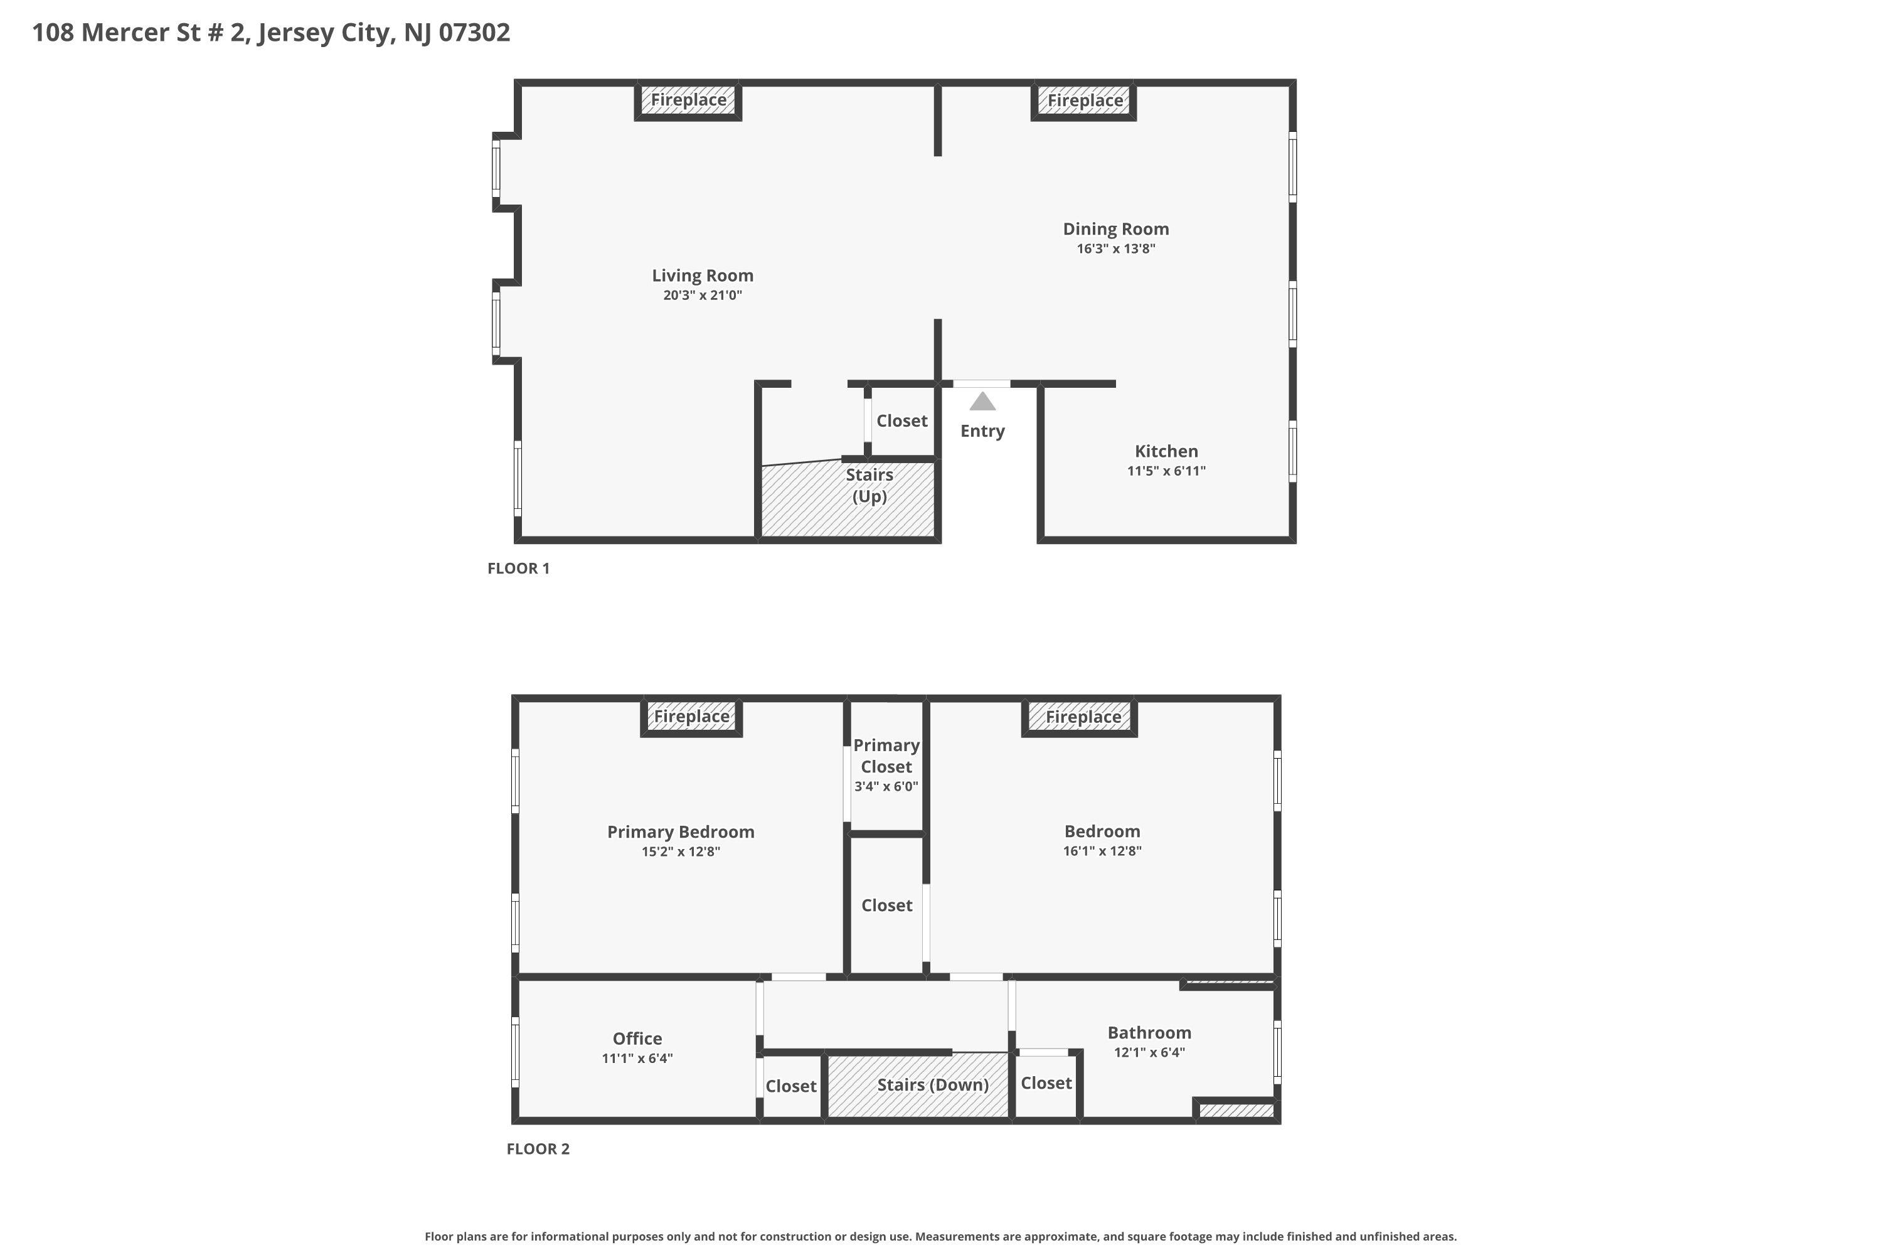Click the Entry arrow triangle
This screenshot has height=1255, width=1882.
point(982,401)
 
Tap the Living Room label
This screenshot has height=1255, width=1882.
point(703,275)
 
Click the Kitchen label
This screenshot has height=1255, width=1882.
point(1166,451)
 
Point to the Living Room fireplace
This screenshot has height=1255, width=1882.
point(688,101)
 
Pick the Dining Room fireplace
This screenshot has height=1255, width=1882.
point(1083,102)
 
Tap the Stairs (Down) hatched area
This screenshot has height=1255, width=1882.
point(918,1086)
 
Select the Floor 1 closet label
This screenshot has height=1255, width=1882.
point(902,421)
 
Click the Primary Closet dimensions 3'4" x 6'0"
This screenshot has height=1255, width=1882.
point(886,787)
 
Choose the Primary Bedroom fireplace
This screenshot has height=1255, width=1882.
point(691,717)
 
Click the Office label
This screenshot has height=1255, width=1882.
point(637,1039)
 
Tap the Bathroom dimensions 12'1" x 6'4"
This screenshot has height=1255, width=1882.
point(1149,1052)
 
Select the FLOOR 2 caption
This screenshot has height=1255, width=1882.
point(538,1150)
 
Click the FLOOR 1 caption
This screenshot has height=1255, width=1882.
point(519,569)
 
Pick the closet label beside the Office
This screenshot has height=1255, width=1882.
point(790,1086)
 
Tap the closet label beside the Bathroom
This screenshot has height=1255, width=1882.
point(1046,1083)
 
